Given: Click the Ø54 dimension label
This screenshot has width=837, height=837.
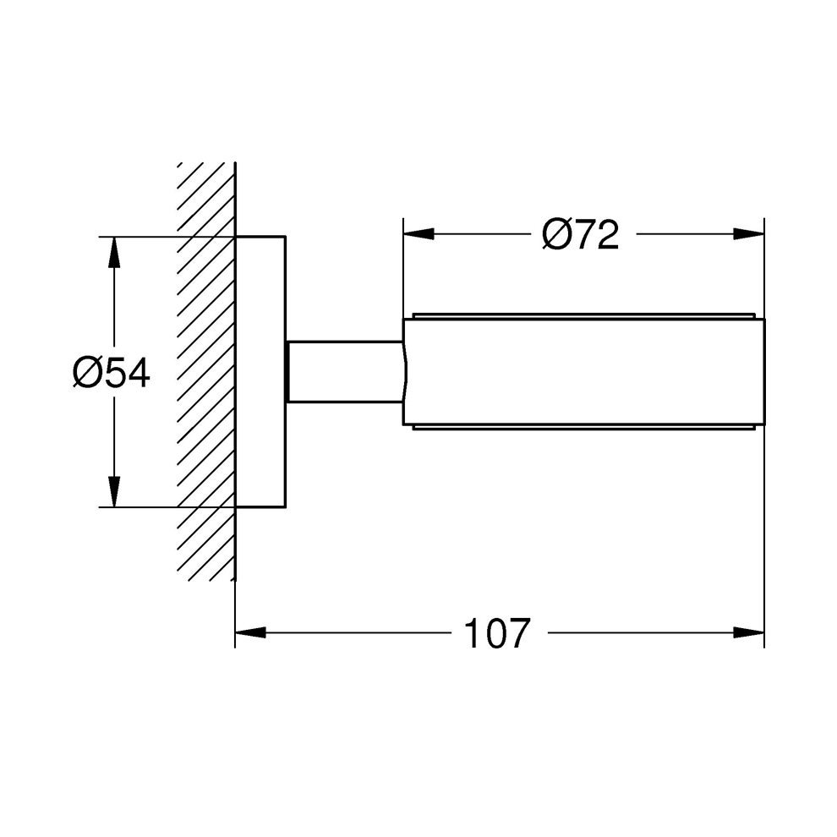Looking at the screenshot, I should [x=111, y=373].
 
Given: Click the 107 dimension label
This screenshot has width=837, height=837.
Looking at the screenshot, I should [x=496, y=632].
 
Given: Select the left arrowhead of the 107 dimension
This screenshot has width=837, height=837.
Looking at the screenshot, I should [x=250, y=632].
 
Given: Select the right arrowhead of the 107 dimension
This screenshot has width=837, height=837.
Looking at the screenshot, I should [x=749, y=632].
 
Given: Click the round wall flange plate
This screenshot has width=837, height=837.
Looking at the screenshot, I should [x=260, y=372].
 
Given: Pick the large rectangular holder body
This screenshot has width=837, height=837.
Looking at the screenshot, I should [x=583, y=372].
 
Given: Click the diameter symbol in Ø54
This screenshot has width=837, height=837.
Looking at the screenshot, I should [x=87, y=373].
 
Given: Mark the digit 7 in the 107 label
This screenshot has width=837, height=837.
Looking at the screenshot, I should [x=518, y=632].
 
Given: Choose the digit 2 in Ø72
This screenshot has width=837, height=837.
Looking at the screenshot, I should [x=606, y=234].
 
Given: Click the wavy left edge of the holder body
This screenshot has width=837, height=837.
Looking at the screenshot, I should [x=406, y=372].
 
